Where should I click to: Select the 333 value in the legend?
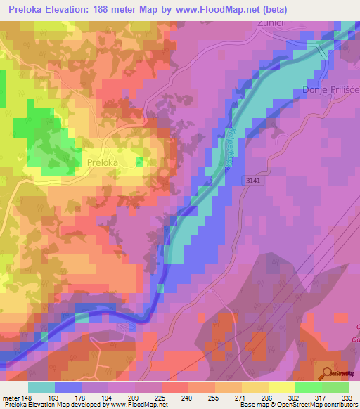[347, 398]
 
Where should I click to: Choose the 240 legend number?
[187, 398]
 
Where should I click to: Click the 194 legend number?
[108, 398]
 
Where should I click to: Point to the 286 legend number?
[267, 398]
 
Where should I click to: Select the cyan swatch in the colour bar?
[41, 387]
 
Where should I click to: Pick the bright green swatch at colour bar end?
[335, 387]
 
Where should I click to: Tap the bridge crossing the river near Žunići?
[321, 50]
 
